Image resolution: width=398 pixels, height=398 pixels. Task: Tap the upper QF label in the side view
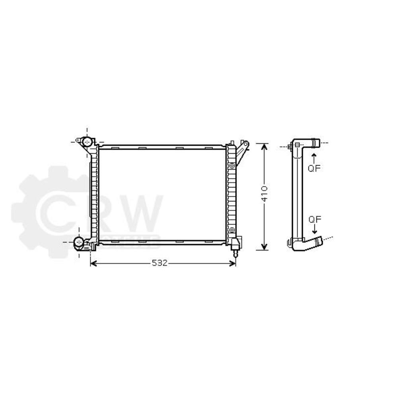(314, 168)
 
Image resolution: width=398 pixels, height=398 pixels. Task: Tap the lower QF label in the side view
(314, 219)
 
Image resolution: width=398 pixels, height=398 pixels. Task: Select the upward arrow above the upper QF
(314, 156)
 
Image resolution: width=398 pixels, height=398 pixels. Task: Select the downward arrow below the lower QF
(314, 230)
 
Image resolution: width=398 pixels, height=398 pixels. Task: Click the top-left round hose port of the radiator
(87, 141)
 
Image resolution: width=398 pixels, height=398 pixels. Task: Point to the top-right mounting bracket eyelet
(246, 144)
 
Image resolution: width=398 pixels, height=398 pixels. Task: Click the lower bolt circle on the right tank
(232, 230)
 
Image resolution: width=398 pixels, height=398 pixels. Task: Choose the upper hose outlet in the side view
(315, 142)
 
